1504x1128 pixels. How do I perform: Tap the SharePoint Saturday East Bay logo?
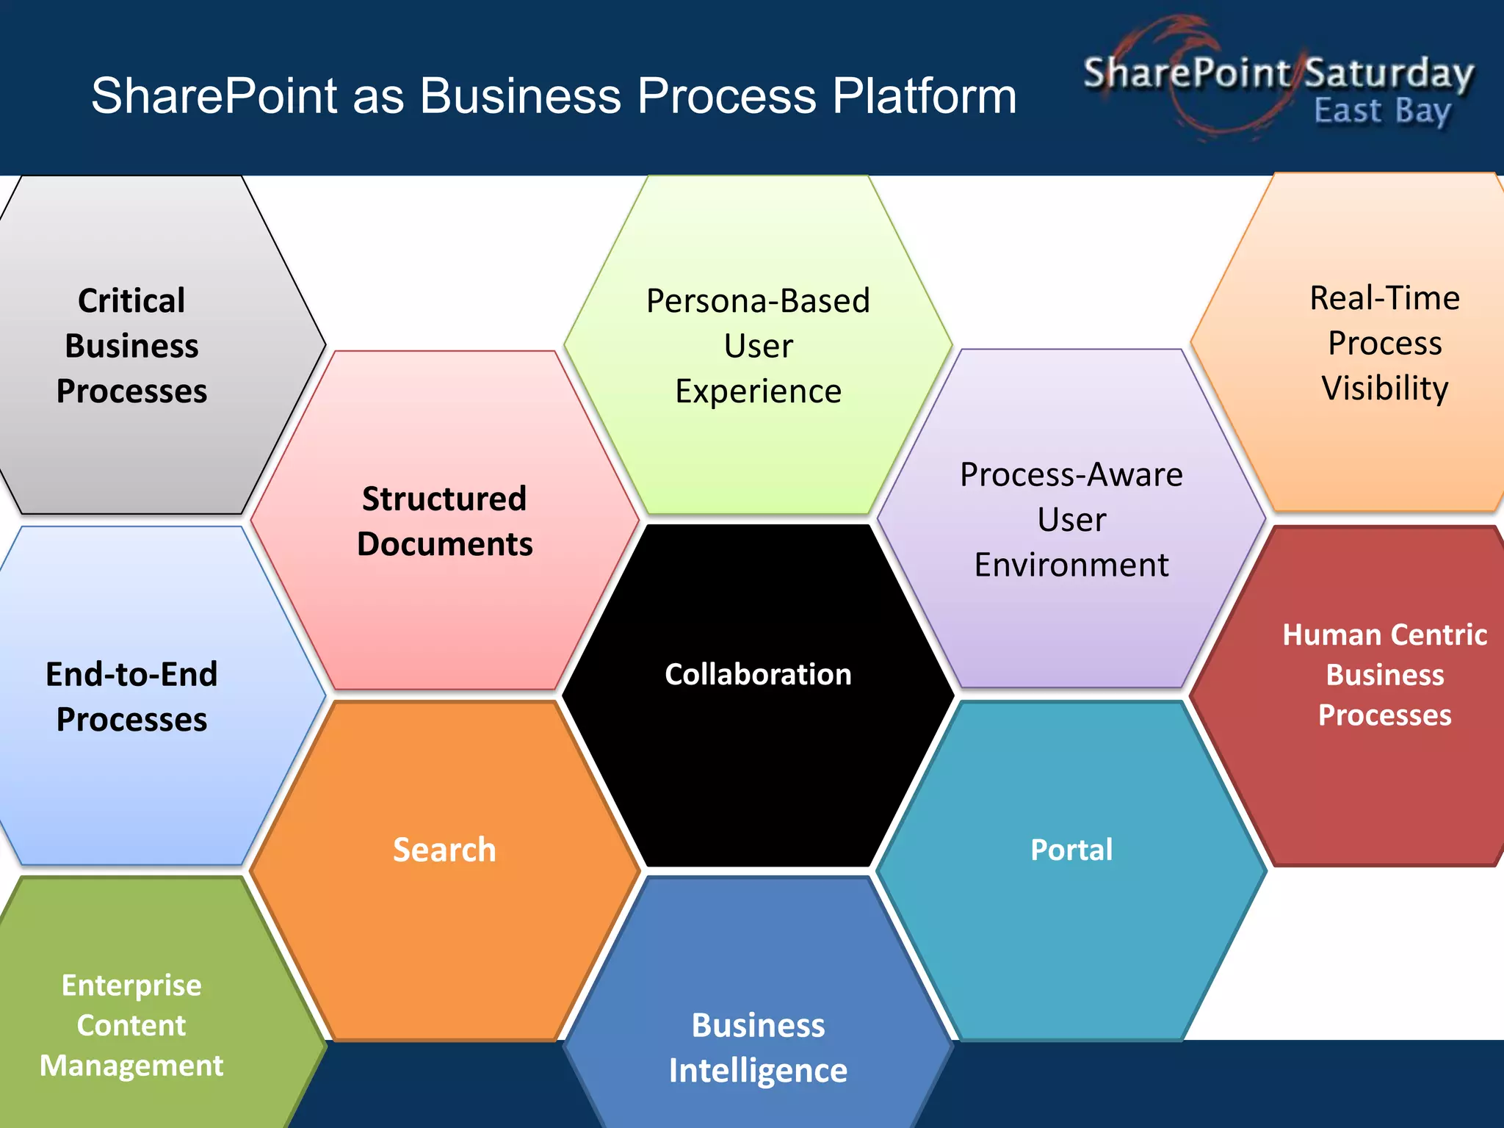1278,81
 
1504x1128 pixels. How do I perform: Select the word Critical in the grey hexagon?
131,301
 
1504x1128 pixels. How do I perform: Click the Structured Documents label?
444,521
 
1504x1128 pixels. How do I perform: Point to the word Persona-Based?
758,301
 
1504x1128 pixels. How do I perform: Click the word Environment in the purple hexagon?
1071,565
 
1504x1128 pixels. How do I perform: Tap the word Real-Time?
1384,298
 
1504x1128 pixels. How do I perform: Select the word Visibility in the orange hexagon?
1384,388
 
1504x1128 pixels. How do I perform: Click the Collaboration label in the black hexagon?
758,674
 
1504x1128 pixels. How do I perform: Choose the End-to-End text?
131,674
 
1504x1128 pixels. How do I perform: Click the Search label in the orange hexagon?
444,850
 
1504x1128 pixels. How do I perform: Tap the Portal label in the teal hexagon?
1071,850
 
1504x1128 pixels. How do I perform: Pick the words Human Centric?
1384,635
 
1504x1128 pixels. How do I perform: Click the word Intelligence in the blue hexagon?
758,1071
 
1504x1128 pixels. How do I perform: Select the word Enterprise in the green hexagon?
131,986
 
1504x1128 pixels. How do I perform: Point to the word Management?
131,1066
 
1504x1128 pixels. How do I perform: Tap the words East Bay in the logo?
1382,112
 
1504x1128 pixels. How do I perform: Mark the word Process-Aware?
1071,475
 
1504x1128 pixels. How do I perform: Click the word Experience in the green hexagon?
758,391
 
